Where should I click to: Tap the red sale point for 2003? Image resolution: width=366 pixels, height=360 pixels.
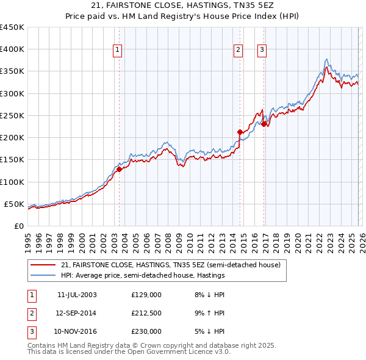pos(120,170)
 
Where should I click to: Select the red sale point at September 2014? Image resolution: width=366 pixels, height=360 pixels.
pos(240,131)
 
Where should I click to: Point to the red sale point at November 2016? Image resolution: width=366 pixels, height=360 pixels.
pos(264,124)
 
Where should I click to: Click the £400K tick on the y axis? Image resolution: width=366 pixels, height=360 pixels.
pos(12,49)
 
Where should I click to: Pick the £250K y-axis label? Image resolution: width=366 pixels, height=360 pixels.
pos(12,115)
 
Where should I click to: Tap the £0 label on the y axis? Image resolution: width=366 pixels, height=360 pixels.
pos(19,226)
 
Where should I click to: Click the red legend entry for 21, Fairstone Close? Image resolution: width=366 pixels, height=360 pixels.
pos(170,265)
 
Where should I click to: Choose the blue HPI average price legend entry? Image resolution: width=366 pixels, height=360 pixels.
pos(143,276)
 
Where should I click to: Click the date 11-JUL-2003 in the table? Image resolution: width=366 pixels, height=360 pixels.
pos(77,295)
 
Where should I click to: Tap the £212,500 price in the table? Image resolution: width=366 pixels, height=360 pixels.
pos(146,313)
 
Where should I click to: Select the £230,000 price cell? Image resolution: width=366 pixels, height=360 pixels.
pos(146,331)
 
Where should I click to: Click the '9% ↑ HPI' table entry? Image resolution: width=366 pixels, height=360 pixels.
pos(208,313)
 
